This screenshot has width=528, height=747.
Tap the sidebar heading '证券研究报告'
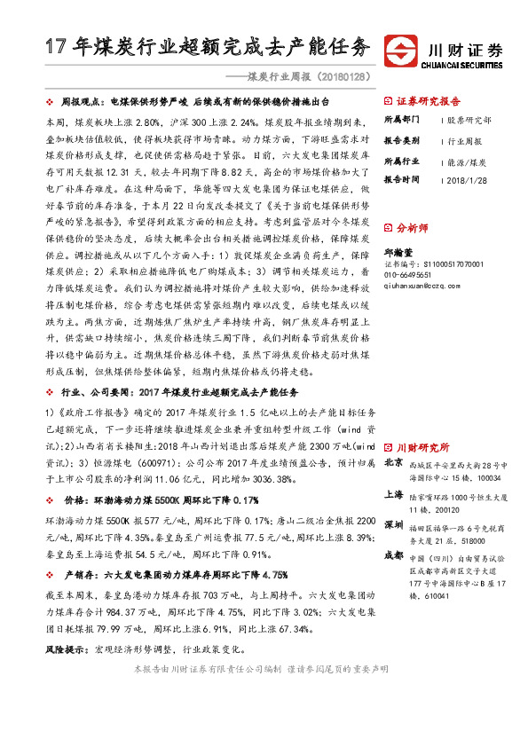click(x=429, y=100)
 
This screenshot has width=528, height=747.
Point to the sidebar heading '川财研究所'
click(x=423, y=447)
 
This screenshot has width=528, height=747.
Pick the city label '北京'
click(x=394, y=463)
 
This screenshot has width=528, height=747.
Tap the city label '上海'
click(x=394, y=498)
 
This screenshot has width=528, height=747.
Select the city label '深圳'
click(x=394, y=526)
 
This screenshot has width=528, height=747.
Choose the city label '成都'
click(x=394, y=555)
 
